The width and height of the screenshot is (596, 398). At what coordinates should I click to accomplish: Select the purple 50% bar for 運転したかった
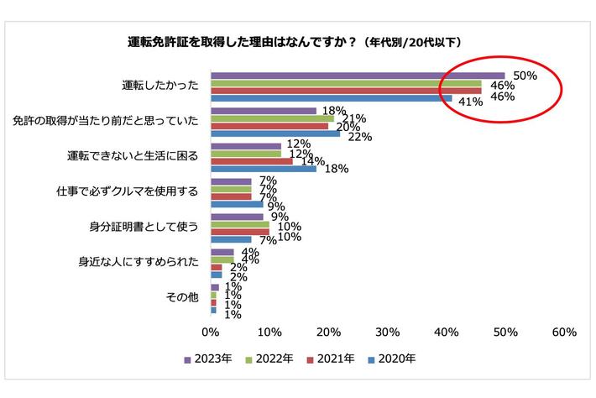tap(358, 76)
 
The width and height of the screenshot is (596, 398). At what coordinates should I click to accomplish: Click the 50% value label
tap(525, 76)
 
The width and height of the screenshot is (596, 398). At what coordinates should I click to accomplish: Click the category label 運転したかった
tap(160, 85)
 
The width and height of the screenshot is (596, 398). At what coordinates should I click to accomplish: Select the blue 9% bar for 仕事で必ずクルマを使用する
tap(237, 203)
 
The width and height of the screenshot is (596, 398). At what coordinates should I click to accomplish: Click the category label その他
tap(183, 297)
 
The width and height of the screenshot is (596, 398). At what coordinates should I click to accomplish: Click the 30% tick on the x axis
tap(387, 332)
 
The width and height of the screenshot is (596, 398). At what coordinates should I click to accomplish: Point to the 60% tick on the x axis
tap(564, 332)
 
